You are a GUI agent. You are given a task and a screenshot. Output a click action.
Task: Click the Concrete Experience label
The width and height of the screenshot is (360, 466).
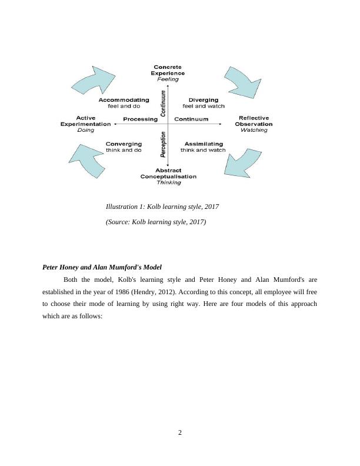(x=169, y=70)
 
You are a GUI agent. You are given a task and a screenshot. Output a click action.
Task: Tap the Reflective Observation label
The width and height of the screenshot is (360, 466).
(x=254, y=121)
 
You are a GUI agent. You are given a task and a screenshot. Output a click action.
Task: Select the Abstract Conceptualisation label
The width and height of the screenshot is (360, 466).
(x=168, y=173)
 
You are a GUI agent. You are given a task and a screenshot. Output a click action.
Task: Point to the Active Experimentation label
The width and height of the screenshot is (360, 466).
(x=85, y=121)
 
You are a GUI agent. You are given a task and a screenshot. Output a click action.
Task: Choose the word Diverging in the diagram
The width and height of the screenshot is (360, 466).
(x=202, y=99)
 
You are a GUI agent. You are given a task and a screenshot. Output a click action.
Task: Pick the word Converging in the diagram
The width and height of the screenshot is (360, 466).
(x=124, y=144)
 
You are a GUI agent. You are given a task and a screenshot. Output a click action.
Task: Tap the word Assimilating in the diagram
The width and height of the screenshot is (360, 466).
(x=203, y=144)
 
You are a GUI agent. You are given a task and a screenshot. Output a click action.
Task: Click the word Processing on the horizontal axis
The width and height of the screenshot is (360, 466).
(x=140, y=119)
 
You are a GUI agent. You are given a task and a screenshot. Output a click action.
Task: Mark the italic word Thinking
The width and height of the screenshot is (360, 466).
(x=168, y=182)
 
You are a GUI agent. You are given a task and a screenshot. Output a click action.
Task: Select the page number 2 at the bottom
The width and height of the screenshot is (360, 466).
(x=180, y=434)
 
